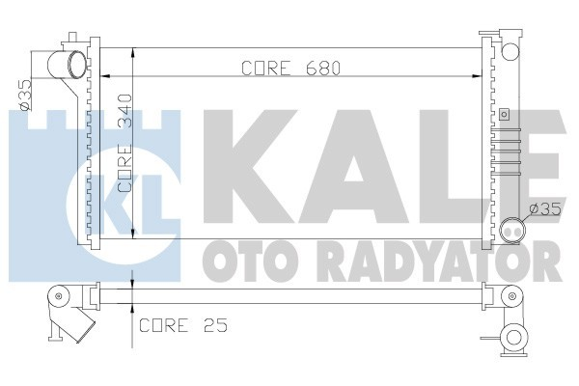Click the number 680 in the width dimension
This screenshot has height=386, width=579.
[x=325, y=69]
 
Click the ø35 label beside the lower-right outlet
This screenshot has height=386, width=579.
[x=543, y=210]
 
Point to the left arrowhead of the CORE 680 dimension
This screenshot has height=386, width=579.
[x=104, y=76]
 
